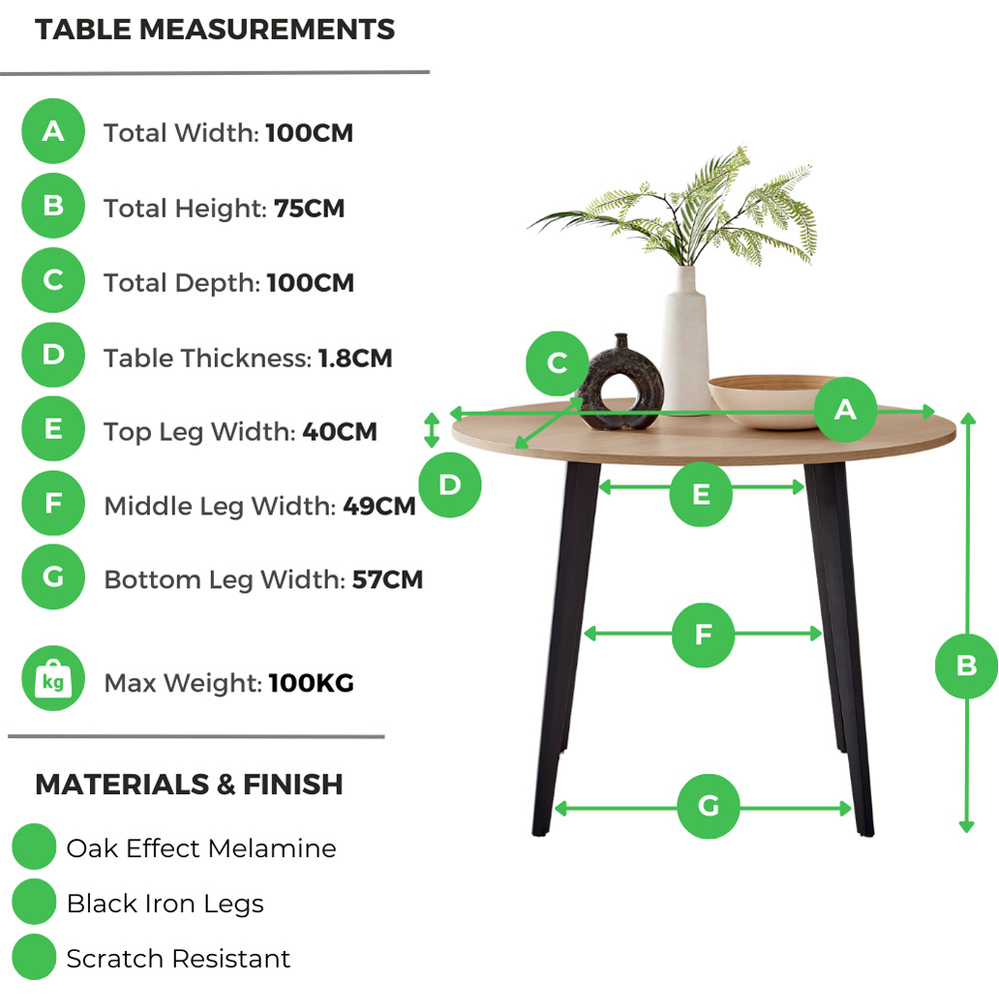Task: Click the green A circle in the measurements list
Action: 53,131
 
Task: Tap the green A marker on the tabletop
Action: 845,409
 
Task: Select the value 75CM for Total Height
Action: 309,208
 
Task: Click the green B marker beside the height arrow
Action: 966,665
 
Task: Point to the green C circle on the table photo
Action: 557,363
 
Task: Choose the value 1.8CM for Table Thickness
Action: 355,358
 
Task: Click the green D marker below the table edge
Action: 450,486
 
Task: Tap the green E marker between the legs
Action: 700,495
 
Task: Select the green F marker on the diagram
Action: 703,635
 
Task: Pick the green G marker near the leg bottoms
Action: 708,806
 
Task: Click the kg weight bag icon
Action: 53,682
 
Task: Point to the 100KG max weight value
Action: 311,683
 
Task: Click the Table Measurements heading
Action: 215,30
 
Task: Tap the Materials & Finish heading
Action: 189,784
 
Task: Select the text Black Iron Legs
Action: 165,904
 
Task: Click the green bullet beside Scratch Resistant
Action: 34,958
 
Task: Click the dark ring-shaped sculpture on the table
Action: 619,385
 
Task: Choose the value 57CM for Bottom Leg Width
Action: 388,579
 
